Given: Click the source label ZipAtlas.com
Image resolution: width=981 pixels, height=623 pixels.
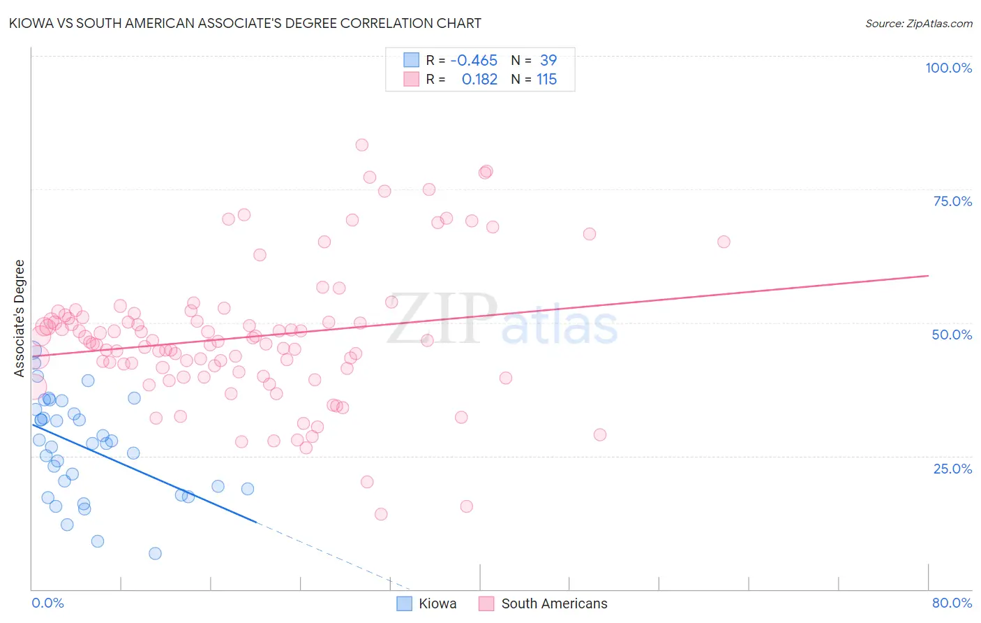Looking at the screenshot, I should coord(918,23).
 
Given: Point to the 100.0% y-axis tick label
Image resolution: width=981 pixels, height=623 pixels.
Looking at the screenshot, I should coord(948,68).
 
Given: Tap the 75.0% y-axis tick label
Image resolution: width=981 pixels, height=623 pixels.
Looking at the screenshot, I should coord(952,201).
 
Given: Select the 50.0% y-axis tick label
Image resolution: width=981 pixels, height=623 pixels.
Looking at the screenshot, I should coord(952,335).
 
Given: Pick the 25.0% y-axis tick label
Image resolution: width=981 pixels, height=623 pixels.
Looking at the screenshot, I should coord(952,469).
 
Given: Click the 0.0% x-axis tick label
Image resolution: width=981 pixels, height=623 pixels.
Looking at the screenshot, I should coord(47,603).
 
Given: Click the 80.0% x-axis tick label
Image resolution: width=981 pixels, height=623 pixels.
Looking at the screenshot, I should coord(952,603).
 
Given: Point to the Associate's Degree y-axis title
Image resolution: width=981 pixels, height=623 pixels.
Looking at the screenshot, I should coord(20,318).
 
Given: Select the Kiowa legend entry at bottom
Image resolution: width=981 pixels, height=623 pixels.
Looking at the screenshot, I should coord(427,603).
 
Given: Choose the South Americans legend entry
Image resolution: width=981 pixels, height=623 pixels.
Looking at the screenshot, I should coord(544,603).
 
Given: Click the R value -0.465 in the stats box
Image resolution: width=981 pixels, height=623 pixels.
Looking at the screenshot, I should coord(474,61).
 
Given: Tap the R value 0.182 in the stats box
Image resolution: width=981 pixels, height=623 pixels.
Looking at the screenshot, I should coord(479,80).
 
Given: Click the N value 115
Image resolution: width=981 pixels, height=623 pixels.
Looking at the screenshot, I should coord(546,80).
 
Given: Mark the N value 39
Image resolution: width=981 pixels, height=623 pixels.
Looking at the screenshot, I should coord(548,61).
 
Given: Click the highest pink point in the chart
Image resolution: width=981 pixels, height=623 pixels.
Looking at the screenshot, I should coord(361,145).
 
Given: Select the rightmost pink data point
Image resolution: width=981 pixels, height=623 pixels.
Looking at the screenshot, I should coord(724,242).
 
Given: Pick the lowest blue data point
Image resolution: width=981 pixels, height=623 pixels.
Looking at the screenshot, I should coord(155,553).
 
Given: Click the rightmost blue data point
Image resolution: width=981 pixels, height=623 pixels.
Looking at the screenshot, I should coord(247,489).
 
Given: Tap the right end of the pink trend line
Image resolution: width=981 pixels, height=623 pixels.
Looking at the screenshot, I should coord(928,276).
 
